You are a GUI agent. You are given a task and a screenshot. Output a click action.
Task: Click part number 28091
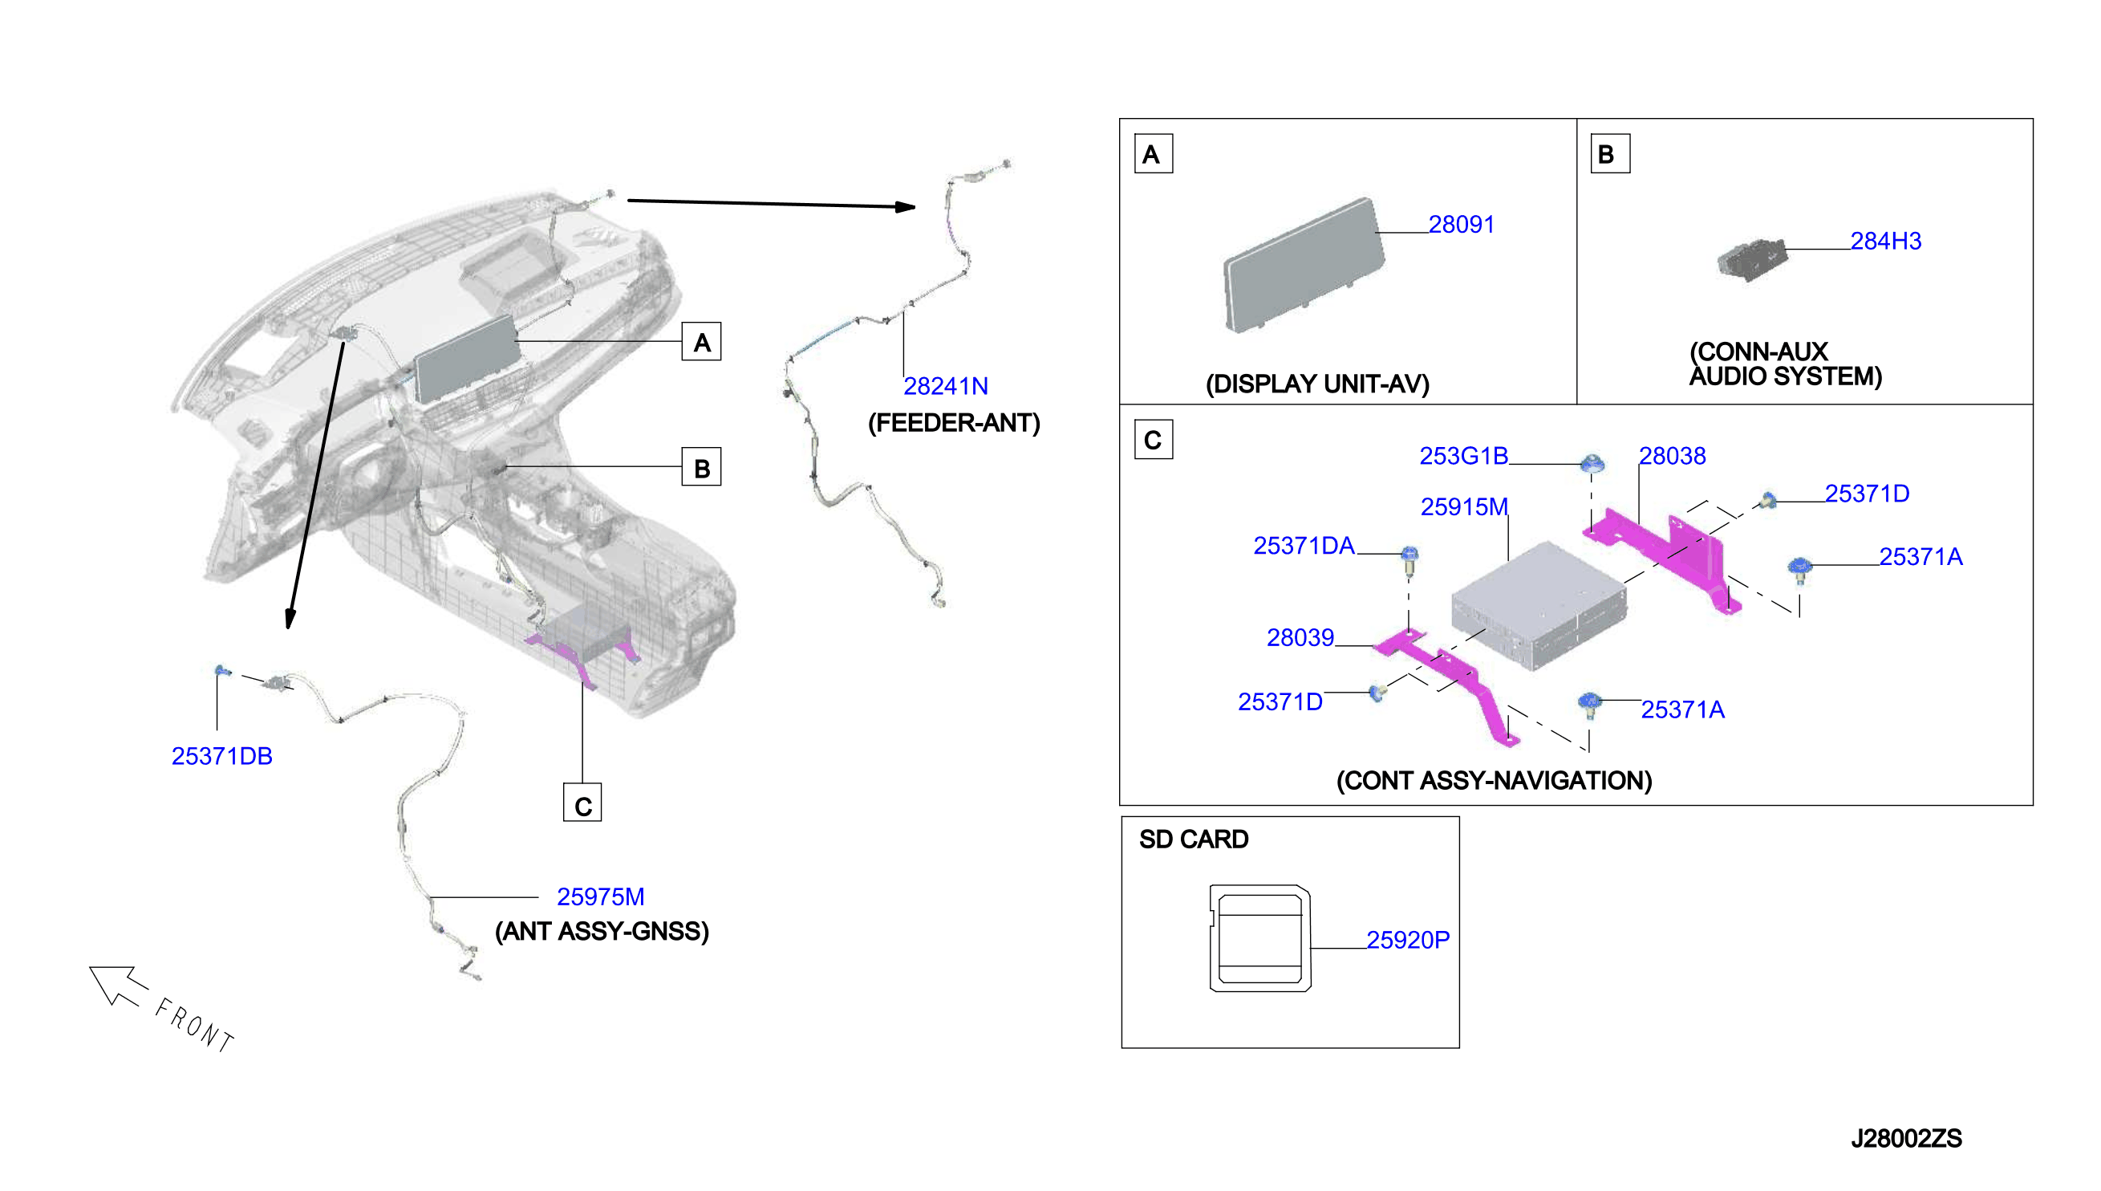[x=1461, y=224]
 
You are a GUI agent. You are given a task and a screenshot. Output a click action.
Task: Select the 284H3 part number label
[x=1885, y=242]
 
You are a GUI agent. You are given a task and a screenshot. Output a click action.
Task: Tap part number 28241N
[x=945, y=386]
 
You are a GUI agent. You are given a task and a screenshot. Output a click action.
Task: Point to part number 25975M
[x=600, y=896]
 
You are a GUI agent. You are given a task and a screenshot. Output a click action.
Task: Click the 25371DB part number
[x=221, y=756]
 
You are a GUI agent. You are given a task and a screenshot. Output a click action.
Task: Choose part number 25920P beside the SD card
[x=1408, y=940]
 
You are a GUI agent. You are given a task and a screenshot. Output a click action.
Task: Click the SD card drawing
[x=1259, y=937]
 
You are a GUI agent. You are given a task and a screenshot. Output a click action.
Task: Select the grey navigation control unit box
[x=1539, y=605]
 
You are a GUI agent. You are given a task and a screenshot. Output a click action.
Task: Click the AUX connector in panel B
[x=1752, y=260]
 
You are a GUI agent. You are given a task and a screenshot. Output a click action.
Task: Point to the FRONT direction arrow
[x=118, y=985]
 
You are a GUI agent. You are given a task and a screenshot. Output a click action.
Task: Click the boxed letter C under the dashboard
[x=582, y=803]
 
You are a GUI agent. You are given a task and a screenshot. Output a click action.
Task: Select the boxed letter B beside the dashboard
[x=701, y=466]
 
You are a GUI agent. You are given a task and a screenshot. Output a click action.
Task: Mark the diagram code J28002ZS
[x=1905, y=1139]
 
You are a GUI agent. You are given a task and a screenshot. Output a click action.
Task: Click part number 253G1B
[x=1463, y=456]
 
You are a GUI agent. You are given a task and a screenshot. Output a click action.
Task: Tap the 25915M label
[x=1463, y=507]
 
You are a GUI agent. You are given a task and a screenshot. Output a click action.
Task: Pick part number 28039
[x=1300, y=637]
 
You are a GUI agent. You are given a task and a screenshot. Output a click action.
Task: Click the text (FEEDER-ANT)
[x=954, y=423]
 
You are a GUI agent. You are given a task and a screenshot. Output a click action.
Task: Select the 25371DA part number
[x=1304, y=546]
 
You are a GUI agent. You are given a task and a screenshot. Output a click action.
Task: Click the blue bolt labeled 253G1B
[x=1592, y=464]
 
